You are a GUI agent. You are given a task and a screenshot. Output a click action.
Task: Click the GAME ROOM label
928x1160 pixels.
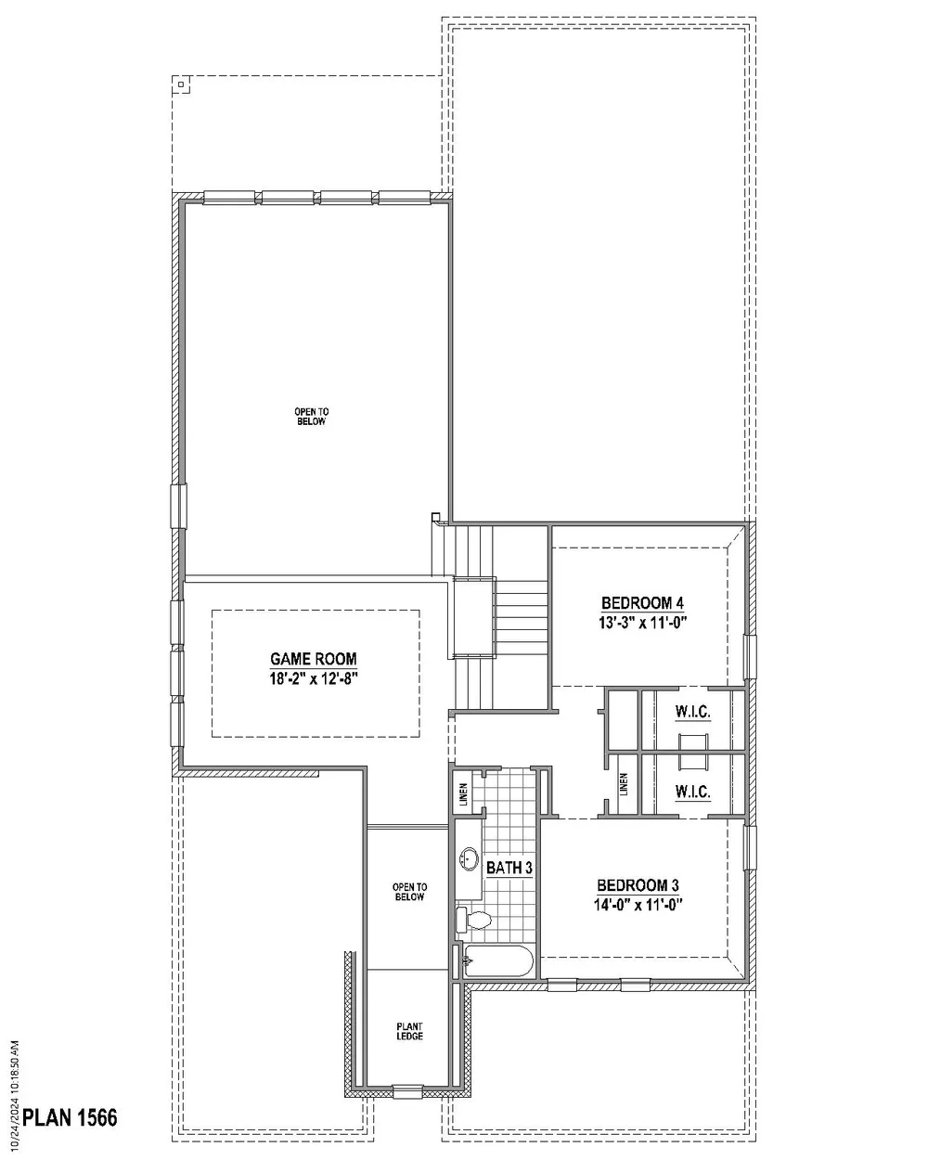314,658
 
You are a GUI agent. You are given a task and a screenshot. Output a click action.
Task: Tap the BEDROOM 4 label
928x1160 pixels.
642,602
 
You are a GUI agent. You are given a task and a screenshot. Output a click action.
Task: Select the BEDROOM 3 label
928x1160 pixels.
638,885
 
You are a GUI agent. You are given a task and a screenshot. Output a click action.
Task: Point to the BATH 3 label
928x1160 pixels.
509,868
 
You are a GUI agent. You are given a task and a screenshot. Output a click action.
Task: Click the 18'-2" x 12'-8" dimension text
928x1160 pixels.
314,678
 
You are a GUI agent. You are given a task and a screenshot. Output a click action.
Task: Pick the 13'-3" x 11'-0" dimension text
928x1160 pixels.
642,622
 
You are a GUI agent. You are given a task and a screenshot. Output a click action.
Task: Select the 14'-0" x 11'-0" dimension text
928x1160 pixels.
638,905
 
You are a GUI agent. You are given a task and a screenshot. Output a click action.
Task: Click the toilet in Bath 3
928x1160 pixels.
473,920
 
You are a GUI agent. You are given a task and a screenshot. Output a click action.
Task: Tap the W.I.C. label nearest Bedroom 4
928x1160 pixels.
692,712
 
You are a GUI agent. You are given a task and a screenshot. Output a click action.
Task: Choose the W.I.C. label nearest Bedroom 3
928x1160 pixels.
692,792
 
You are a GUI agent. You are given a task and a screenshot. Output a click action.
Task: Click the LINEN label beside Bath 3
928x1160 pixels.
464,794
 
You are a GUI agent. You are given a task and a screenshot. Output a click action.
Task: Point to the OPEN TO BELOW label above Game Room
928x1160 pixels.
311,417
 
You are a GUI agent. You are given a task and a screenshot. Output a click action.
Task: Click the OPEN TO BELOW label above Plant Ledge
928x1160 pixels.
409,892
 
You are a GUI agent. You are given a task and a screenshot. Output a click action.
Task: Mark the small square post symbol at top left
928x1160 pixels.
181,84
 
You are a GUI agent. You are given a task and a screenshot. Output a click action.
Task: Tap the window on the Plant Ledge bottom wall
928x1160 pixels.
407,1089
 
